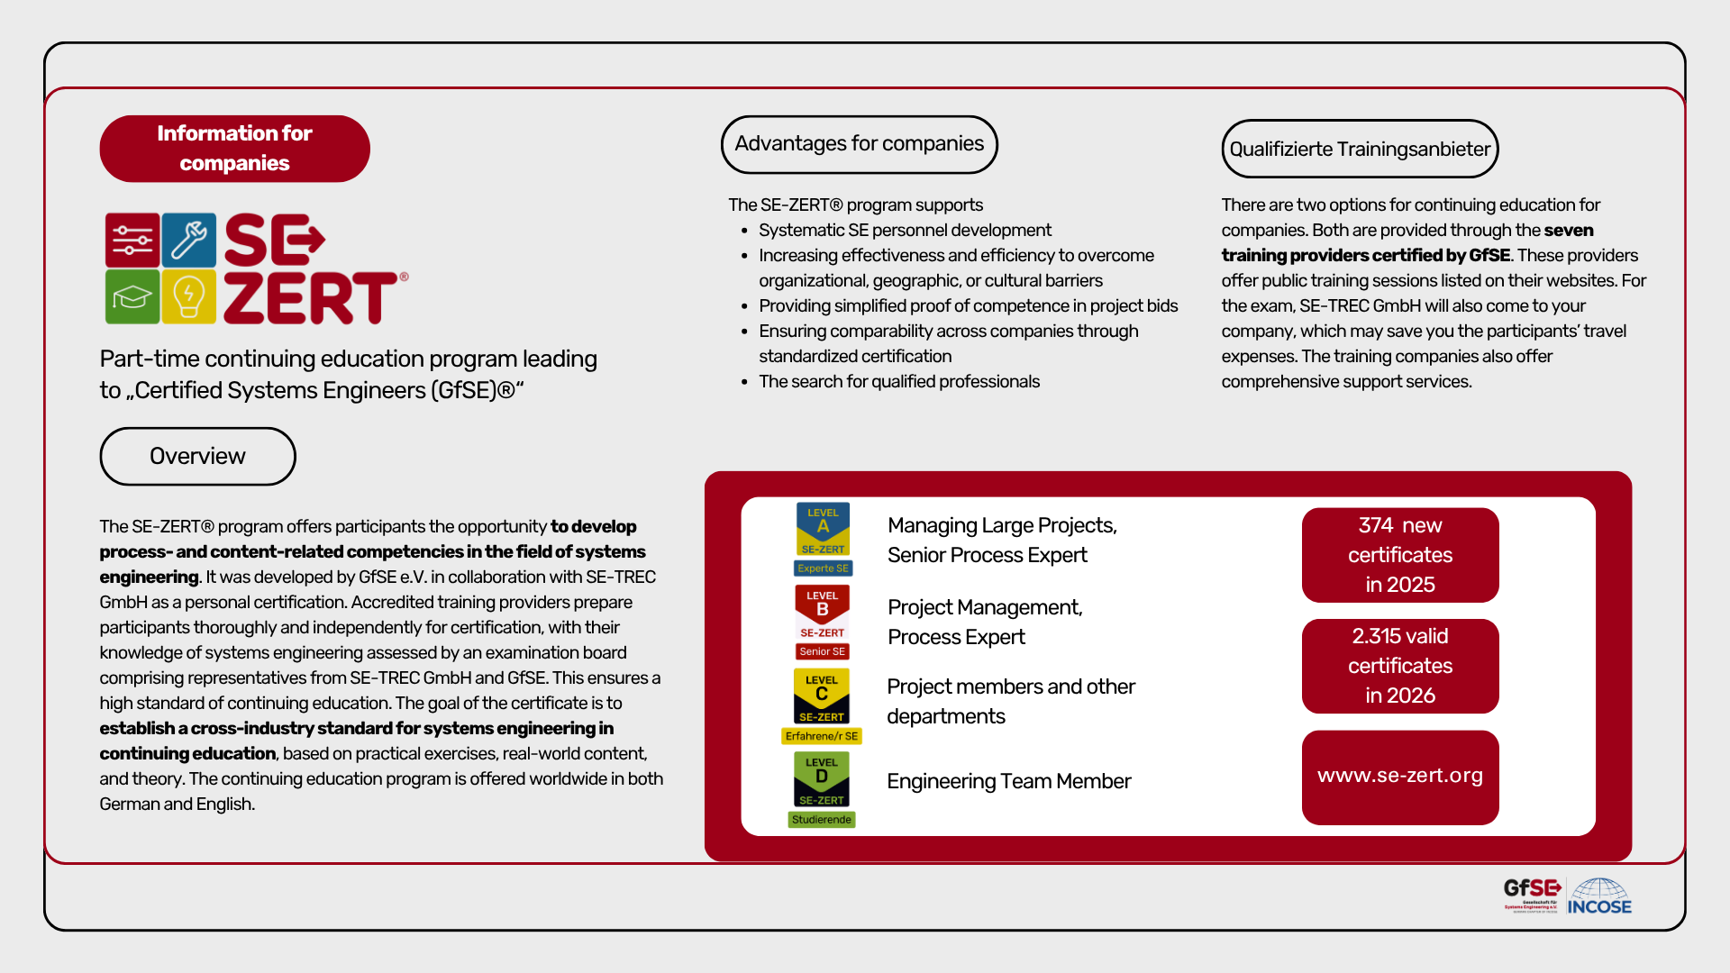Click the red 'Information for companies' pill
tap(234, 149)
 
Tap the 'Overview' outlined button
tap(197, 456)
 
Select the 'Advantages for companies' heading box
tap(859, 144)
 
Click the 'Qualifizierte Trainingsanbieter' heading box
tap(1360, 149)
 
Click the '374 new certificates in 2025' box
tap(1400, 555)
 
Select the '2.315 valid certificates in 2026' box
tap(1400, 666)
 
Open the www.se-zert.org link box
tap(1400, 777)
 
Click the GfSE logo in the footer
tap(1532, 896)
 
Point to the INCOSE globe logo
tap(1599, 896)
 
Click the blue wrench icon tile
tap(189, 240)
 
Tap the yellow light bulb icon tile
tap(189, 296)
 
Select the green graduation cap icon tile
tap(132, 296)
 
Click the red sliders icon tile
tap(132, 240)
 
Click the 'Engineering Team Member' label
tap(1008, 781)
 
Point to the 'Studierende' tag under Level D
tap(822, 820)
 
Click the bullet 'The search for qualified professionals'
tap(899, 381)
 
